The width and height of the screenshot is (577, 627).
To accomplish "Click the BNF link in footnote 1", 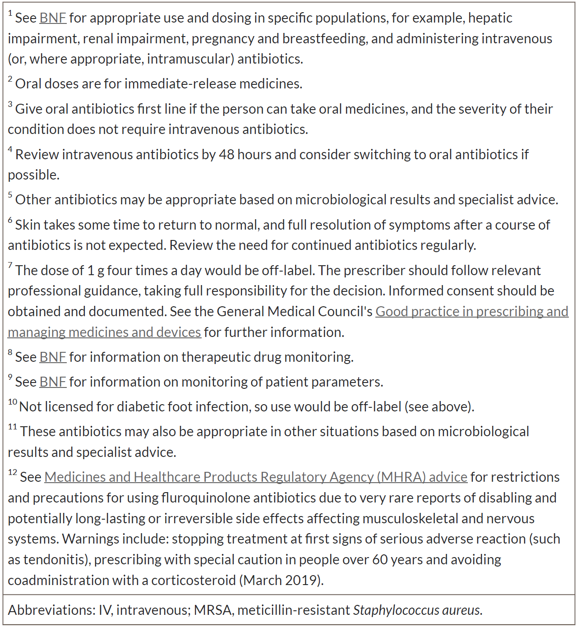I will tap(53, 18).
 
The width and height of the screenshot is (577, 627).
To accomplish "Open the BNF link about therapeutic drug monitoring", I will tap(53, 357).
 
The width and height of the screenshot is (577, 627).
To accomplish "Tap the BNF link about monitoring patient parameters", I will tap(53, 382).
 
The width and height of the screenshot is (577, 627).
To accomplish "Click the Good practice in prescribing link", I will tap(471, 312).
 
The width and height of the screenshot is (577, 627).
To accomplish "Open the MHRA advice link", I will tap(255, 477).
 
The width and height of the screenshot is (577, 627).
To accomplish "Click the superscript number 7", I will tap(10, 265).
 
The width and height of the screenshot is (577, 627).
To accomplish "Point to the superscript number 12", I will tap(13, 472).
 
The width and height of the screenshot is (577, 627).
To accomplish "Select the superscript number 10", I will tap(13, 402).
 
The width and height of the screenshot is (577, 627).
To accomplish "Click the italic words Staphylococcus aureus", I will tap(417, 610).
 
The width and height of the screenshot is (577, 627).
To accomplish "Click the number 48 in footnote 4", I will tap(226, 155).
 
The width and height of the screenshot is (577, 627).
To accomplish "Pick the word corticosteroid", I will tap(193, 580).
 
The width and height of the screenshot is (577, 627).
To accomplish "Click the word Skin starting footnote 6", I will tap(28, 225).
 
